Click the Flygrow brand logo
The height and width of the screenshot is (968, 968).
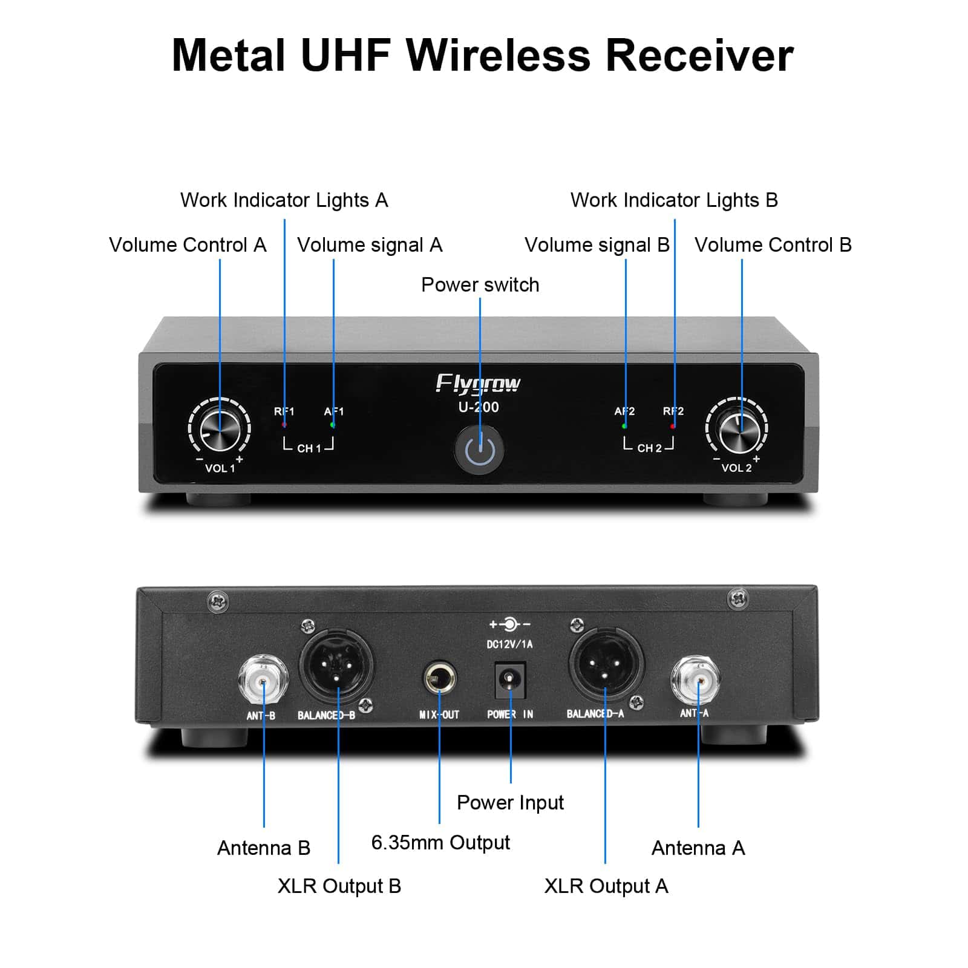(478, 384)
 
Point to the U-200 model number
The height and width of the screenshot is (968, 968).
(478, 407)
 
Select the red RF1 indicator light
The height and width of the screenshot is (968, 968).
(284, 425)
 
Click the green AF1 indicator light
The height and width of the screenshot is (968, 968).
(332, 425)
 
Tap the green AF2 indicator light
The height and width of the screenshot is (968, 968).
(624, 426)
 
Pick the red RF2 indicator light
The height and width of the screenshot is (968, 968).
(673, 426)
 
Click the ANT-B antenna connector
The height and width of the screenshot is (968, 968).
(263, 680)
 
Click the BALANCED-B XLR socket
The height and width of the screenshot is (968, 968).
(337, 665)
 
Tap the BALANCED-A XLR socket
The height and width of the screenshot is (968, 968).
(605, 664)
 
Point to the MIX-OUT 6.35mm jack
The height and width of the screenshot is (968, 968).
(439, 680)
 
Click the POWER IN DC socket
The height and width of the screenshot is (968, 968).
(510, 680)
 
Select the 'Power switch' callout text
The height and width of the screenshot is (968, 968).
(480, 284)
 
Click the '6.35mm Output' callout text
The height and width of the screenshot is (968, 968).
(440, 842)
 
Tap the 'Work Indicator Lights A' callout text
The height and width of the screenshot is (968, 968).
(284, 200)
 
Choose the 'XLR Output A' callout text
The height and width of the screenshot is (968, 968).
(606, 886)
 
